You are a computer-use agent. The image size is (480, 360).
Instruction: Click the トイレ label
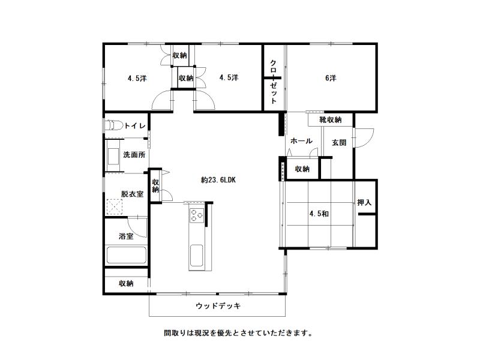[134, 125]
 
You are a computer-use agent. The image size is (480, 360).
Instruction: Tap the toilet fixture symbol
[113, 125]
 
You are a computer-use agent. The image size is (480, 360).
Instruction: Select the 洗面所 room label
[134, 155]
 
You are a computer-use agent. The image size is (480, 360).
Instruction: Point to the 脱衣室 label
[132, 194]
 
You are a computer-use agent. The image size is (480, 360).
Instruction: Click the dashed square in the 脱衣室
[115, 206]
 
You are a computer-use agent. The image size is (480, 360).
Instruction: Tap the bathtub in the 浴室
[126, 255]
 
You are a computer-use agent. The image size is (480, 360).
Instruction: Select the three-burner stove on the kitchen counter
[197, 215]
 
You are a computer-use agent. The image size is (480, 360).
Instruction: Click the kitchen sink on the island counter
[196, 256]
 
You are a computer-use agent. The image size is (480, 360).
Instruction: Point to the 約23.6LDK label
[218, 180]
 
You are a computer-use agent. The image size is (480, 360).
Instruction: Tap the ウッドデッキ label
[218, 305]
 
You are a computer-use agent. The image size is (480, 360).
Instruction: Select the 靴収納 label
[331, 119]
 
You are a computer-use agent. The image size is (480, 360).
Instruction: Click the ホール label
[301, 141]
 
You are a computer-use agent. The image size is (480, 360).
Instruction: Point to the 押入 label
[364, 202]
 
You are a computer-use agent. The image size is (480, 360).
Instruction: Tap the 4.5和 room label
[319, 214]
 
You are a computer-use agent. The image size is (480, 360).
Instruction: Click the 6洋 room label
[331, 78]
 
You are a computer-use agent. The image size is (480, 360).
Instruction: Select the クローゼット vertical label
[274, 82]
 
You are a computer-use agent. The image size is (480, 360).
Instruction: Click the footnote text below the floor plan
[238, 333]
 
